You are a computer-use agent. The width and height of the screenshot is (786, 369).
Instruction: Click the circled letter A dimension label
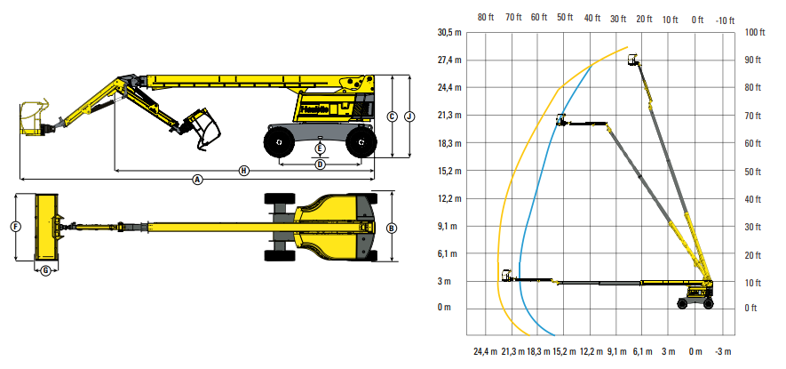(x=197, y=179)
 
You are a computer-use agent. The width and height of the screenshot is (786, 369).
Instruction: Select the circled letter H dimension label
(x=243, y=171)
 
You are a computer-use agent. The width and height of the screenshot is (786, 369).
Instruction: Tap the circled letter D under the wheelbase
(x=321, y=164)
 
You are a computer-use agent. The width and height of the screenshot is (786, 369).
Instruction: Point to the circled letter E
(x=321, y=148)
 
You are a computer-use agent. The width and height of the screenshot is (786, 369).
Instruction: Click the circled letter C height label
(x=393, y=116)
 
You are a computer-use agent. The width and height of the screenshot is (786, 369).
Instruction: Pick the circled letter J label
(x=409, y=116)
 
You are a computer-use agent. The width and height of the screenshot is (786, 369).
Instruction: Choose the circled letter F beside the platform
(x=16, y=227)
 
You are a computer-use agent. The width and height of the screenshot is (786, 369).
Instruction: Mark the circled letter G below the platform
(x=45, y=270)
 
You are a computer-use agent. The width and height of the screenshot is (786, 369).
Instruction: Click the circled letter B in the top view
(x=392, y=228)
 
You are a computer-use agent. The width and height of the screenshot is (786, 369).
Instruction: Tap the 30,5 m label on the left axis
(x=449, y=33)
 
